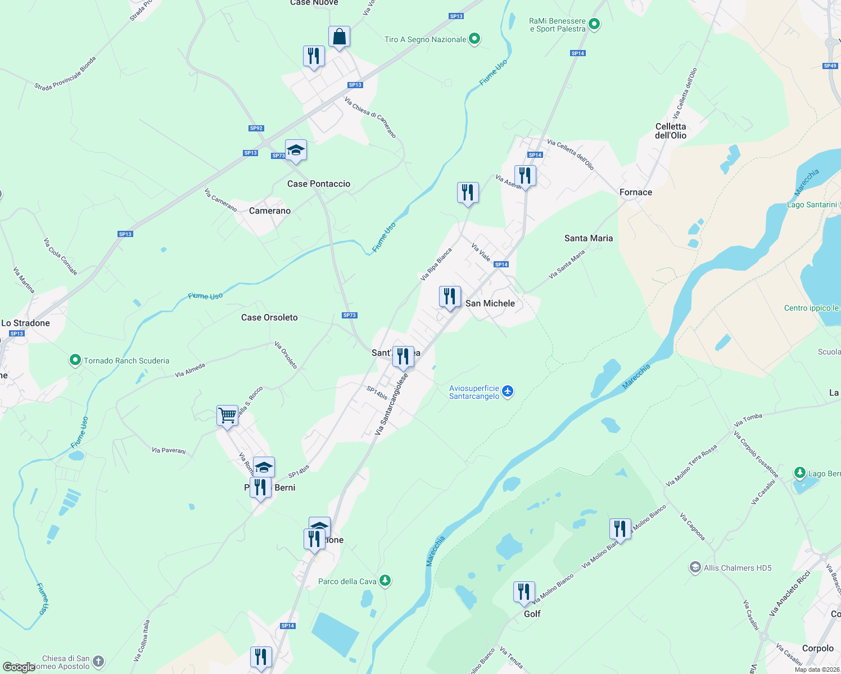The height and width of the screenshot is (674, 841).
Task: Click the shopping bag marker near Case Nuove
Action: tap(339, 38)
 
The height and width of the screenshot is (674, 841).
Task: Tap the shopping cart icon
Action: tap(228, 416)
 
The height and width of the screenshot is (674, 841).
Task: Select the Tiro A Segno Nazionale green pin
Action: tap(474, 39)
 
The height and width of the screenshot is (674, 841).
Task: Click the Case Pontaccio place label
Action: tap(318, 184)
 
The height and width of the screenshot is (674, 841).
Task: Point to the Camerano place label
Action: tap(270, 211)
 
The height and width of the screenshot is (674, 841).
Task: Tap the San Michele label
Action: tap(490, 303)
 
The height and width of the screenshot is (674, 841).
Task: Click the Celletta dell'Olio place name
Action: tap(671, 131)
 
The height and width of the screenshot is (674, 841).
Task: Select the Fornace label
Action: tap(636, 192)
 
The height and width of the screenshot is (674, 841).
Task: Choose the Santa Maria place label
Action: tap(589, 238)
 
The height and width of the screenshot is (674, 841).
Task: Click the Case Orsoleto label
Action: tap(269, 317)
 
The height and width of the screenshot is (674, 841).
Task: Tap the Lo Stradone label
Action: tap(26, 323)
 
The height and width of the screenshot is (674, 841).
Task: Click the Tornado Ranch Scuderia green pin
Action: tap(75, 360)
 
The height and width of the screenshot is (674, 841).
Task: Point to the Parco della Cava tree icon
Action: tap(385, 580)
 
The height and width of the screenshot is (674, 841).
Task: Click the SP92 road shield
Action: tap(256, 128)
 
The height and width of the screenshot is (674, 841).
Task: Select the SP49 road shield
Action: tap(830, 66)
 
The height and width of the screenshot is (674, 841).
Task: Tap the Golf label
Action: tap(532, 614)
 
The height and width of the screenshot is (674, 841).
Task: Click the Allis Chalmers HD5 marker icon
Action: tap(695, 567)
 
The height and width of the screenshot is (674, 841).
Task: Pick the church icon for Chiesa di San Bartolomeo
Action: tap(98, 662)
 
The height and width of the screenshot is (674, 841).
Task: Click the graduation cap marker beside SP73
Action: tap(296, 151)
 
